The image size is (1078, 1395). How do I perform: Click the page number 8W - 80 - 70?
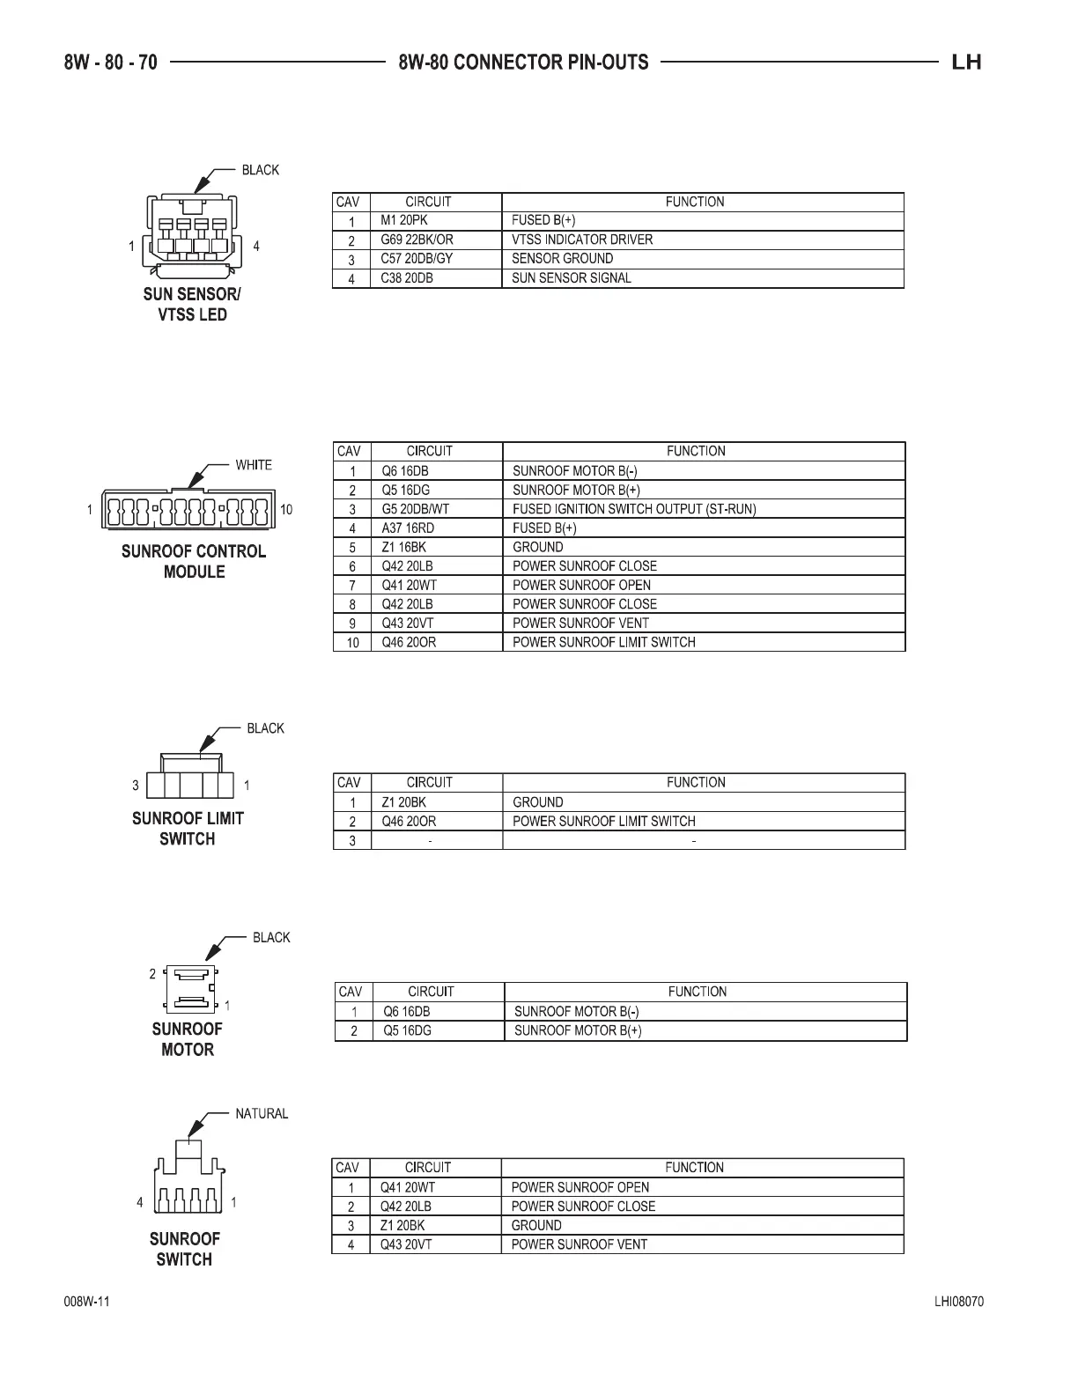(110, 63)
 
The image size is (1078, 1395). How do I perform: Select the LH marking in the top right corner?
(966, 63)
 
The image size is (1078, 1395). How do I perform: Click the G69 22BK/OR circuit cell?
(417, 240)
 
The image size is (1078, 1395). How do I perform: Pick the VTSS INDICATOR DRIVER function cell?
(582, 240)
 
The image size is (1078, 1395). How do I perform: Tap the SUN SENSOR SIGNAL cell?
(572, 278)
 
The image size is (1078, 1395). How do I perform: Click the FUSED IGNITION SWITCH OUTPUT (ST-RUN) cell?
(634, 509)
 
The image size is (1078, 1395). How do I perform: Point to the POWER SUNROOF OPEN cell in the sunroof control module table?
(582, 586)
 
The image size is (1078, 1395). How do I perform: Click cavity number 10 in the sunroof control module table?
(352, 643)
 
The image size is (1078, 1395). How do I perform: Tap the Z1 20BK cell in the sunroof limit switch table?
(403, 802)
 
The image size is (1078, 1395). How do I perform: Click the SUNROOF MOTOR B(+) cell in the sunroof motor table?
(578, 1030)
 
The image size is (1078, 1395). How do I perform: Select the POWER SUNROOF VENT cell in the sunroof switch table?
(580, 1245)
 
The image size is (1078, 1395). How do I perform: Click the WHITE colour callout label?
(254, 465)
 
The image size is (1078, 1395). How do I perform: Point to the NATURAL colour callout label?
(262, 1114)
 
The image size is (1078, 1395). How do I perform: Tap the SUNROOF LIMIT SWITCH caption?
(188, 829)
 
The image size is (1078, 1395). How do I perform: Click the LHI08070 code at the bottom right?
(959, 1303)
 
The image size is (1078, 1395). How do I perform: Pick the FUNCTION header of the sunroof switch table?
(694, 1168)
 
